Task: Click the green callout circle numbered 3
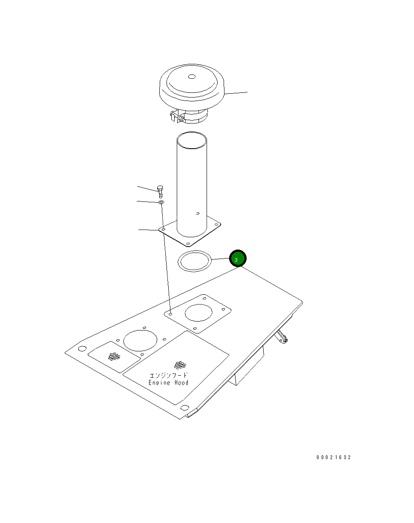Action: [x=238, y=258]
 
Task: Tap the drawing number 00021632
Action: [x=333, y=457]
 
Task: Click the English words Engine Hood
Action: [x=169, y=383]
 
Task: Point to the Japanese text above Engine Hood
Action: [x=169, y=376]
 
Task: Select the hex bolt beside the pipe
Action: [x=160, y=192]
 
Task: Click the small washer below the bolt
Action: [x=161, y=202]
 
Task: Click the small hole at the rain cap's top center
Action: [x=192, y=77]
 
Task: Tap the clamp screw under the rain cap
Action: [x=181, y=119]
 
